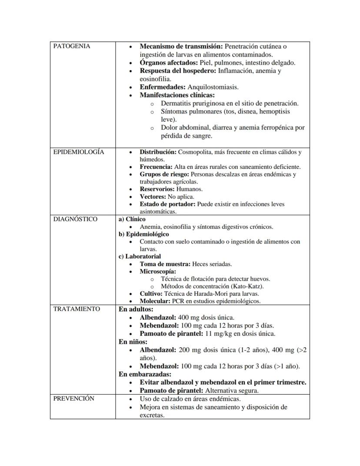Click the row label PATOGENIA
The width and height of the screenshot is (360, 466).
(72, 46)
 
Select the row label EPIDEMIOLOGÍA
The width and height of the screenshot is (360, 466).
(79, 152)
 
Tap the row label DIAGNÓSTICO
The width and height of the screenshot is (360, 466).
(75, 219)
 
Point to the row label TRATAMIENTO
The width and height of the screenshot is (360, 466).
(77, 309)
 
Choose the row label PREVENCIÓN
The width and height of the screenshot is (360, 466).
(73, 399)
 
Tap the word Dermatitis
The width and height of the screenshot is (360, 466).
(176, 104)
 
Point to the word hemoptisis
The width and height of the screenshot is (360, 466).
(276, 111)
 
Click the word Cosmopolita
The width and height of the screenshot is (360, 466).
(195, 152)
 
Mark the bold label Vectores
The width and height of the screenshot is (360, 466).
(153, 197)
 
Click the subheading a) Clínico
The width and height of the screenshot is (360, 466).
(132, 219)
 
